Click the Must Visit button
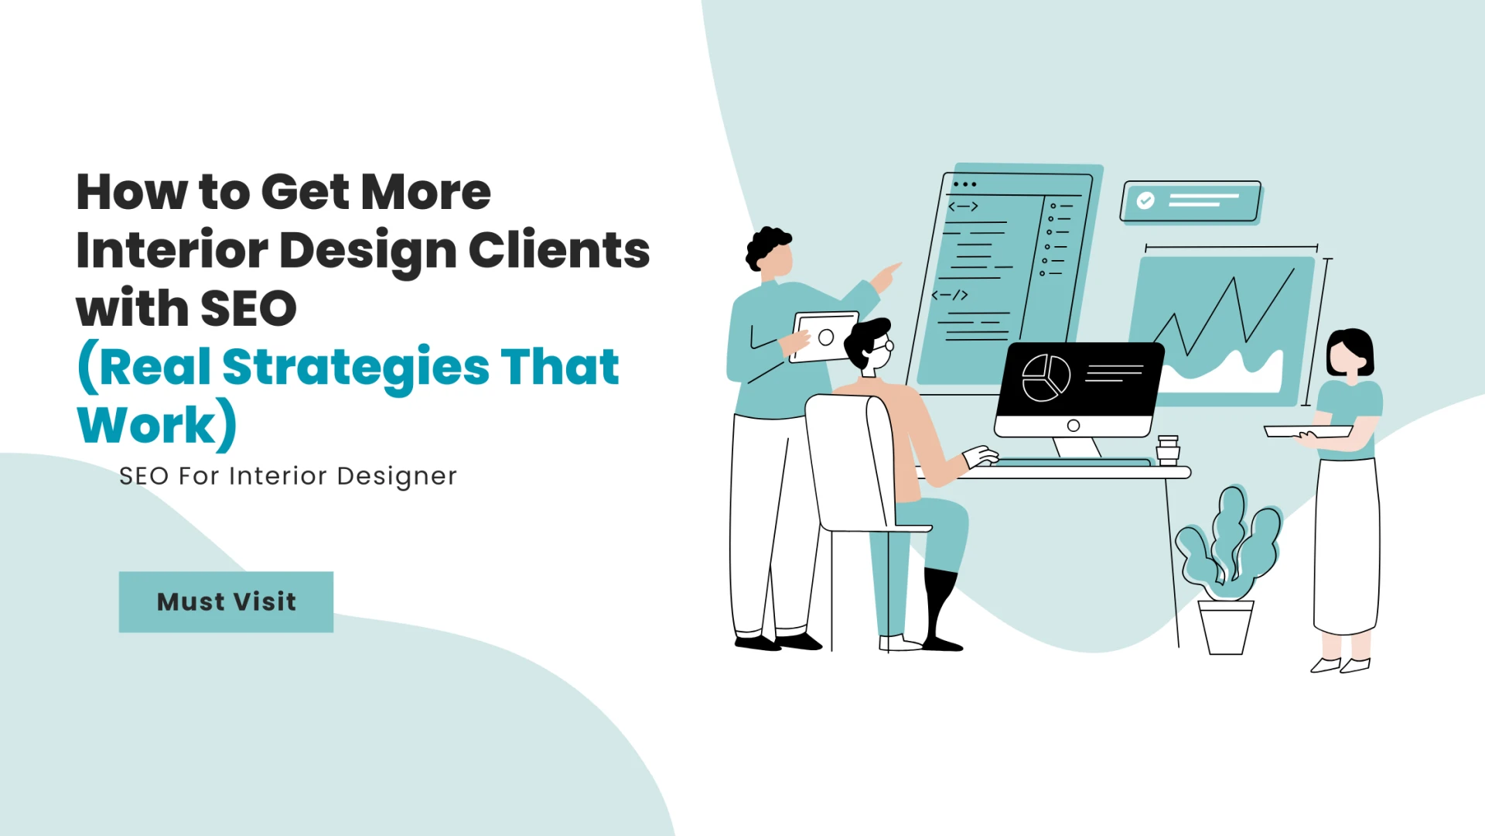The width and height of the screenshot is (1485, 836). tap(226, 602)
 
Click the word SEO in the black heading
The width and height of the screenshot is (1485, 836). tap(248, 308)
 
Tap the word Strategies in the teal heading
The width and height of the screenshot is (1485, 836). tap(356, 367)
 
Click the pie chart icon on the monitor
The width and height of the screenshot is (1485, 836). tap(1046, 378)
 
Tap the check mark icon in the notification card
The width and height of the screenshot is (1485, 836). tap(1145, 200)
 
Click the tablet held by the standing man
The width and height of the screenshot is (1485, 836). tap(824, 337)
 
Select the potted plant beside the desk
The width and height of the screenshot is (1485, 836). tap(1227, 573)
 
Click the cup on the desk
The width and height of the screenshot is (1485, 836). tap(1168, 449)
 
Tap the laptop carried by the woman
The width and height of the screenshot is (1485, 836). tap(1307, 431)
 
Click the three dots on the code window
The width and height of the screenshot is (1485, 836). tap(964, 184)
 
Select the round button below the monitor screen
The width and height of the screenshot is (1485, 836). tap(1073, 426)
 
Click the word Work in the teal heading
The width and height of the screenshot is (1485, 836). tap(147, 425)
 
